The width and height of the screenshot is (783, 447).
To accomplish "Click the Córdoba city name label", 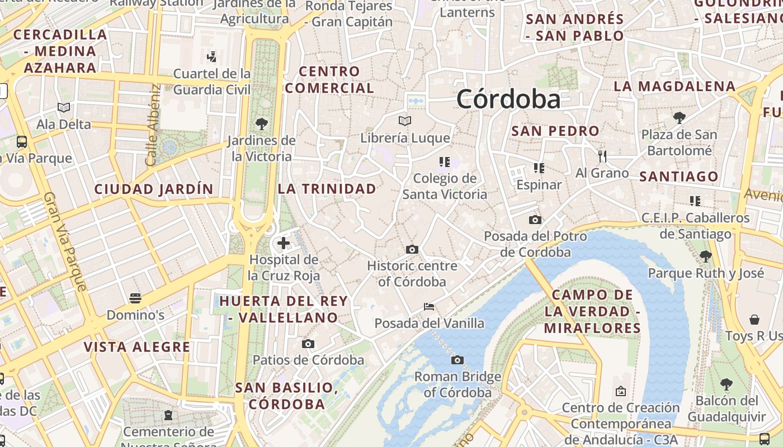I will point(508,99).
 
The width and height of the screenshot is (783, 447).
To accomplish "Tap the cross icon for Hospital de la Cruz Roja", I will point(284,243).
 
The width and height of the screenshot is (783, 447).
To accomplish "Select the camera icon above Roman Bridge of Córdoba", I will point(457,360).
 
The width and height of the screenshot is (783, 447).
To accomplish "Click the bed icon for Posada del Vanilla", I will point(429,306).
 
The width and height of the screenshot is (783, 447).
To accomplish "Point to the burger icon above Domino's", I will point(135,298).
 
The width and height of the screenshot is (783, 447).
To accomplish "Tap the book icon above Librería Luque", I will point(405,121).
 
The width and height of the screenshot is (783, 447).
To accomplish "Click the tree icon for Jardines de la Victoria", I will point(261,123).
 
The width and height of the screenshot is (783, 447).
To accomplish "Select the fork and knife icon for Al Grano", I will point(602,156).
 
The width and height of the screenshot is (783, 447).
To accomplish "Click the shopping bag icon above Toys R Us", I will point(754,320).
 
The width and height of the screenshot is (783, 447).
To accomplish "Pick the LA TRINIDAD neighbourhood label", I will point(327,189).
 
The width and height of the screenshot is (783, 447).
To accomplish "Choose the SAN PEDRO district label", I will point(555,131).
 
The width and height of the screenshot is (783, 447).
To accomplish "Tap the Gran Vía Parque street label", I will point(65,242).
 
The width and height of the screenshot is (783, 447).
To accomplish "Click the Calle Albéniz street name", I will point(153,125).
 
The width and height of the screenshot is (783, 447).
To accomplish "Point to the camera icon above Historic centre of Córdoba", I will point(412,249).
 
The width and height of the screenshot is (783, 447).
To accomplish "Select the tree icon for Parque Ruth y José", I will point(705,256).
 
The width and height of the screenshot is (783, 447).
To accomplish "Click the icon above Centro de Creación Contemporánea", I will point(620,391).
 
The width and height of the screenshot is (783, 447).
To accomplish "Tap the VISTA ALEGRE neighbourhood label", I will point(137,347).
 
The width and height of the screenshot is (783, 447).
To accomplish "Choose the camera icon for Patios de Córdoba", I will point(308,344).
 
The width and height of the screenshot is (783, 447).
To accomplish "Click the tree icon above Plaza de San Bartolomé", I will point(679,118).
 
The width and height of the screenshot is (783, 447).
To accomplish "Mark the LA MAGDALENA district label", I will point(674,87).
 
